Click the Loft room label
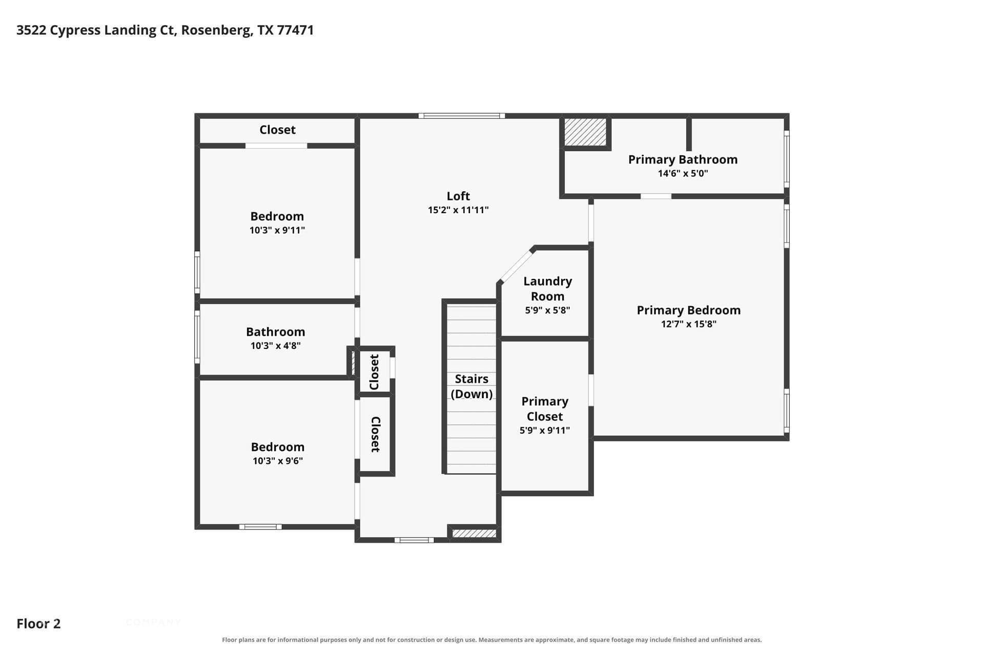458,196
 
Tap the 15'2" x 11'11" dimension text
458,210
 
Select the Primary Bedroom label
688,310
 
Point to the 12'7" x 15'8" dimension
688,324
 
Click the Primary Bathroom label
683,159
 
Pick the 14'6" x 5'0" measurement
683,173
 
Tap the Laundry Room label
547,289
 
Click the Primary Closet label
545,409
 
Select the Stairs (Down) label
471,386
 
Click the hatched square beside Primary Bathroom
585,132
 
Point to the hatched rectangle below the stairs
475,534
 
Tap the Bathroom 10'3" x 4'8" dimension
276,345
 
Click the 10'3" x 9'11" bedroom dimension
277,230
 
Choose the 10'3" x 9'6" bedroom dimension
278,461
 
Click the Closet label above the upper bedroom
277,130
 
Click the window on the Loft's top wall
461,116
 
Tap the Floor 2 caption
38,624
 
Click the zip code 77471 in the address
295,30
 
